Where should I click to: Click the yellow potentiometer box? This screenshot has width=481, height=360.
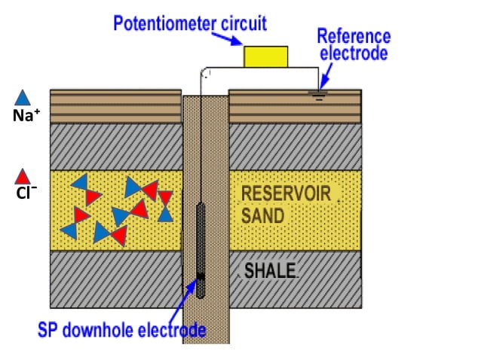pos(265,56)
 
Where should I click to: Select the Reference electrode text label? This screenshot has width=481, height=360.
pos(353,44)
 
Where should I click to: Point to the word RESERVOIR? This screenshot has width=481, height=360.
pos(286,194)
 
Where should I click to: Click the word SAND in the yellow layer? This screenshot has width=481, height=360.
pos(262,216)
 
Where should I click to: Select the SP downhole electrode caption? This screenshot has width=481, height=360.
pos(121,329)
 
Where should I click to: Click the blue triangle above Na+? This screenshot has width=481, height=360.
pos(23,97)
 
